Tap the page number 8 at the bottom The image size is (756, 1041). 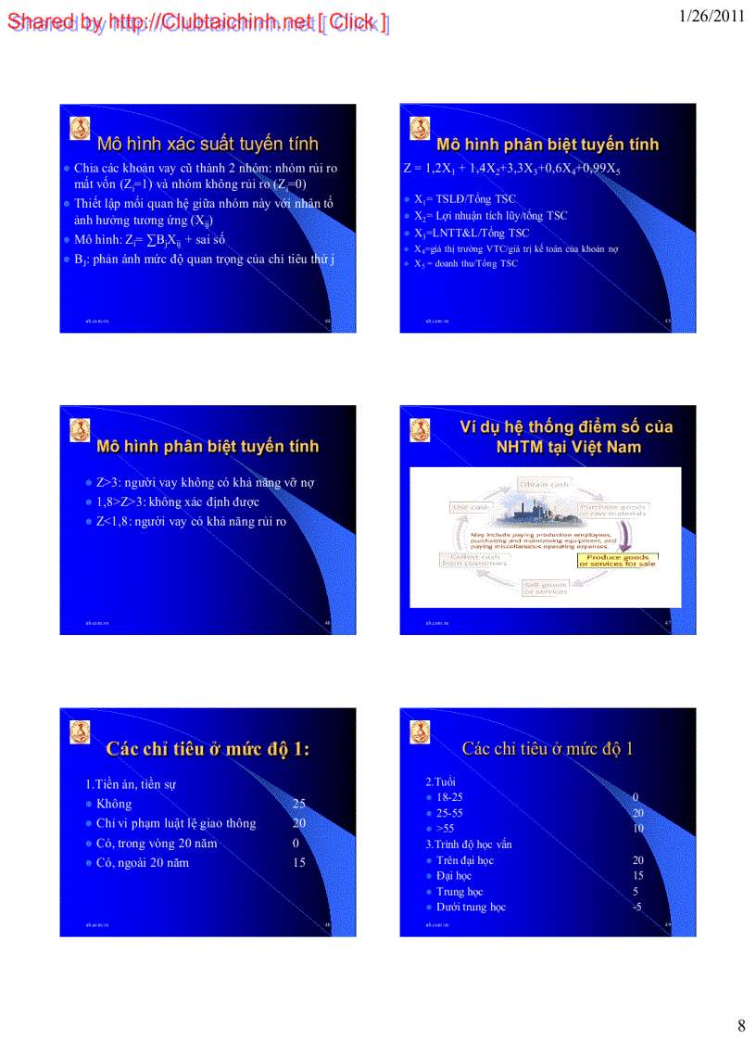(740, 1025)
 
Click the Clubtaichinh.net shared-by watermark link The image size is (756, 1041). (197, 22)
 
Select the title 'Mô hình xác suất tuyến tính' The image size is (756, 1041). (208, 144)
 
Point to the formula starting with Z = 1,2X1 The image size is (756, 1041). (511, 169)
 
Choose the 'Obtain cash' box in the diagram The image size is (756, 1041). (545, 484)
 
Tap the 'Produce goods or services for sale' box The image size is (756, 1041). (616, 560)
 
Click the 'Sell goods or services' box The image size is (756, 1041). (545, 588)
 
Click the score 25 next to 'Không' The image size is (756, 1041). (298, 804)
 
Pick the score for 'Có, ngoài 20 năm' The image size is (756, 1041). (298, 862)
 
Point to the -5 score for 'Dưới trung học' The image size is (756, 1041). (636, 907)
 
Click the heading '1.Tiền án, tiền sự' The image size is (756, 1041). (131, 784)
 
